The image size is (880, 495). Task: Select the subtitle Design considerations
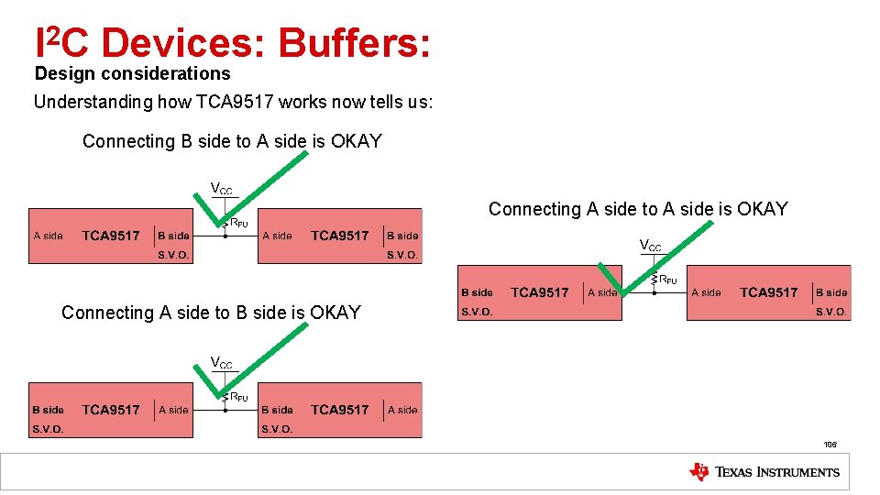132,73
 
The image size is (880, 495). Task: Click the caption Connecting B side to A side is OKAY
232,141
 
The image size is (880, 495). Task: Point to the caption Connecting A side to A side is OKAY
638,209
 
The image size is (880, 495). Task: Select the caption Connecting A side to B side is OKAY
211,313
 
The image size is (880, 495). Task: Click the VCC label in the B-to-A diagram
222,190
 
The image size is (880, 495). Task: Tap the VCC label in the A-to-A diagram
650,246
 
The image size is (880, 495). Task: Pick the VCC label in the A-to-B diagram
222,363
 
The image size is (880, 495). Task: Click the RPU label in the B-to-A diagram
238,223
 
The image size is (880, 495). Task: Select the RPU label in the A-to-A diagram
668,280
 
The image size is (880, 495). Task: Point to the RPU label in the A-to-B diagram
238,397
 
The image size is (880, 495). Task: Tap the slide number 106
830,445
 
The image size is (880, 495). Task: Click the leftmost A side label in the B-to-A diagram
49,236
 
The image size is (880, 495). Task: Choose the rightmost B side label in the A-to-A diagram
831,292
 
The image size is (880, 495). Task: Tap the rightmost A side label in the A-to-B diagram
402,410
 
